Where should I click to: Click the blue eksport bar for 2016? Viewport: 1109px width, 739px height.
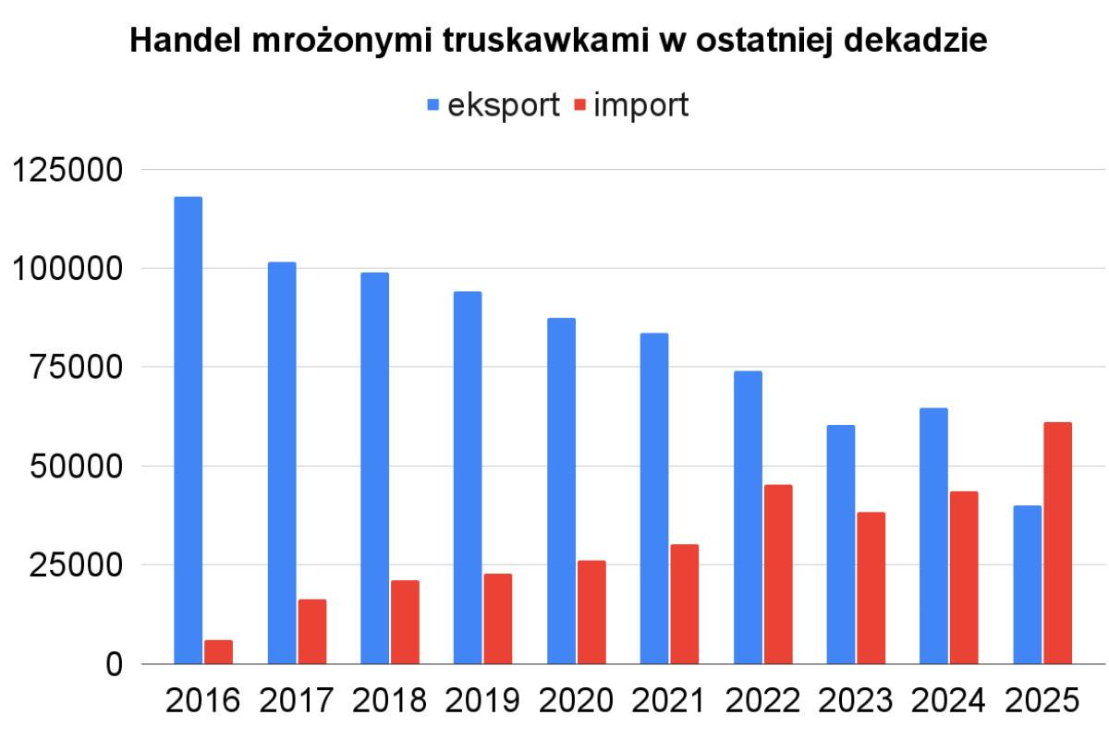pos(188,430)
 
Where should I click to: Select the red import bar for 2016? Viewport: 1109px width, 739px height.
pos(218,651)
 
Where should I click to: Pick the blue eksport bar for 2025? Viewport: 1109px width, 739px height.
pos(1027,584)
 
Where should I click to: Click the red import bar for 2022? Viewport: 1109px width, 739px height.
pos(777,574)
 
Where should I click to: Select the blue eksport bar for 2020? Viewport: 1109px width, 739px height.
pos(561,491)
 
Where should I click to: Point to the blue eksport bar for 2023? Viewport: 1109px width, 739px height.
pos(841,544)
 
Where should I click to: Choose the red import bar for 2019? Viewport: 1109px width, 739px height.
pos(497,618)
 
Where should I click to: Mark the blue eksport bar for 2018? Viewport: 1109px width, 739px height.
pos(374,467)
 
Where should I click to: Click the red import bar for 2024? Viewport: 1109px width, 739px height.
pos(964,577)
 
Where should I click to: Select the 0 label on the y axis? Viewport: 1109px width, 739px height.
pos(114,664)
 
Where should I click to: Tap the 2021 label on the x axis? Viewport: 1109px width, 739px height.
pos(670,701)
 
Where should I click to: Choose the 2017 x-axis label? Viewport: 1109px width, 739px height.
pos(297,701)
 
